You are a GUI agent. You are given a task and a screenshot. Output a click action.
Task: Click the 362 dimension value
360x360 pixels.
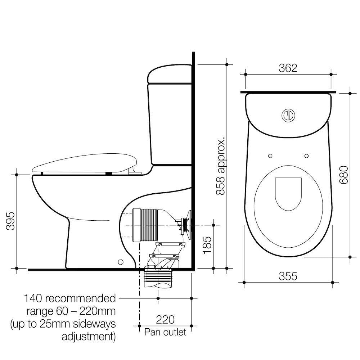[x=288, y=68]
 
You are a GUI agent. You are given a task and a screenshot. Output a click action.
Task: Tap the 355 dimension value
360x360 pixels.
[x=288, y=276]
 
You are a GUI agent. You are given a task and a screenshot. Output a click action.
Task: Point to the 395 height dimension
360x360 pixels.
[x=10, y=221]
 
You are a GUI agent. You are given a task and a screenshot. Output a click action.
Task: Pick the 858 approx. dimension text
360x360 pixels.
[x=220, y=166]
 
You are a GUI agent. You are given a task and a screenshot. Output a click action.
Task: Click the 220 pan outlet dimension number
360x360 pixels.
[x=165, y=319]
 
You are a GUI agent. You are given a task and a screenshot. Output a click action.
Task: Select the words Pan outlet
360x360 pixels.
[x=165, y=332]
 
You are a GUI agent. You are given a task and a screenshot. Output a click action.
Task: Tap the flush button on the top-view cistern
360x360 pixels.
[x=288, y=115]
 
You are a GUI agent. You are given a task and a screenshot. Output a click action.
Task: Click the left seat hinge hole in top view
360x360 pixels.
[x=270, y=156]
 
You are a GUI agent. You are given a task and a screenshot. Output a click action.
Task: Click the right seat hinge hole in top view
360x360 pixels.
[x=306, y=156]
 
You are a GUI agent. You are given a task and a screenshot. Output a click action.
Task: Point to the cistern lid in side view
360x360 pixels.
[x=170, y=74]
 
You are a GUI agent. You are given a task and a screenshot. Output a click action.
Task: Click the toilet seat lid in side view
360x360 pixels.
[x=85, y=163]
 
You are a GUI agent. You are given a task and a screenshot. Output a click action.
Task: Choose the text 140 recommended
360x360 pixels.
[x=70, y=298]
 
